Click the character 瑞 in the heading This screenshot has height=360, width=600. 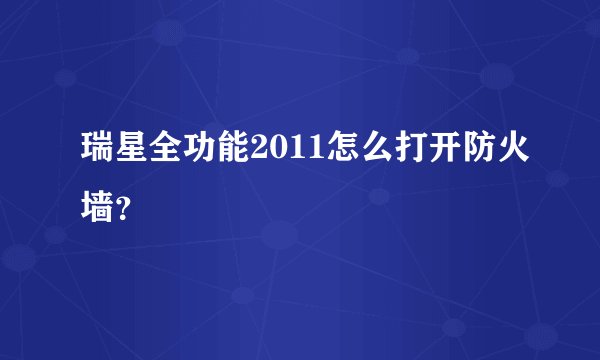(x=99, y=150)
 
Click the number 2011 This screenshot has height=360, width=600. (x=281, y=151)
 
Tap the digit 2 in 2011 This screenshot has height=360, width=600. (x=260, y=151)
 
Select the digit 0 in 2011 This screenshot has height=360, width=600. (x=274, y=151)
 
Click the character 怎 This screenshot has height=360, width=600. (x=329, y=150)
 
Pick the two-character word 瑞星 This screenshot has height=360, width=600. (x=116, y=150)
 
